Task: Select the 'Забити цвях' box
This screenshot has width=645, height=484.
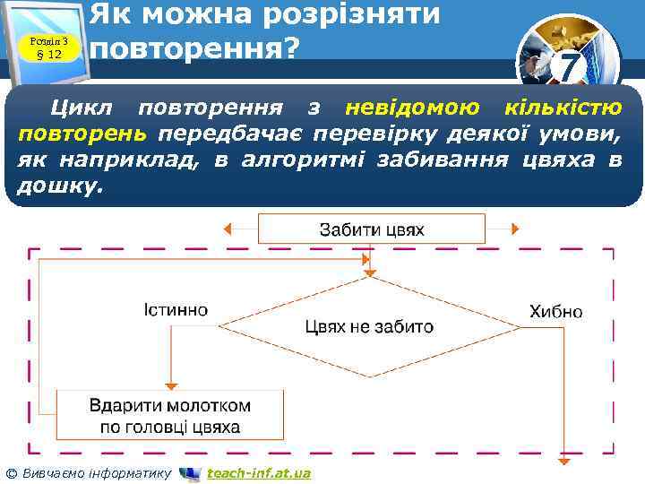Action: pos(372,229)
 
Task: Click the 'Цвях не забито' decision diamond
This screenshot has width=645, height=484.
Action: pos(369,326)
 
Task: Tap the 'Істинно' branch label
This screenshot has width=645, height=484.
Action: pos(176,310)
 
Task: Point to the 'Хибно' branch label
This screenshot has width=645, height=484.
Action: pos(555,312)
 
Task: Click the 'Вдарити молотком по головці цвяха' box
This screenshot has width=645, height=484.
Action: pos(169,414)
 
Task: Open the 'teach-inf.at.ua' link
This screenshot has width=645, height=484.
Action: pos(258,473)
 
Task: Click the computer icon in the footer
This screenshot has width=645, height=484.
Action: pos(190,473)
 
